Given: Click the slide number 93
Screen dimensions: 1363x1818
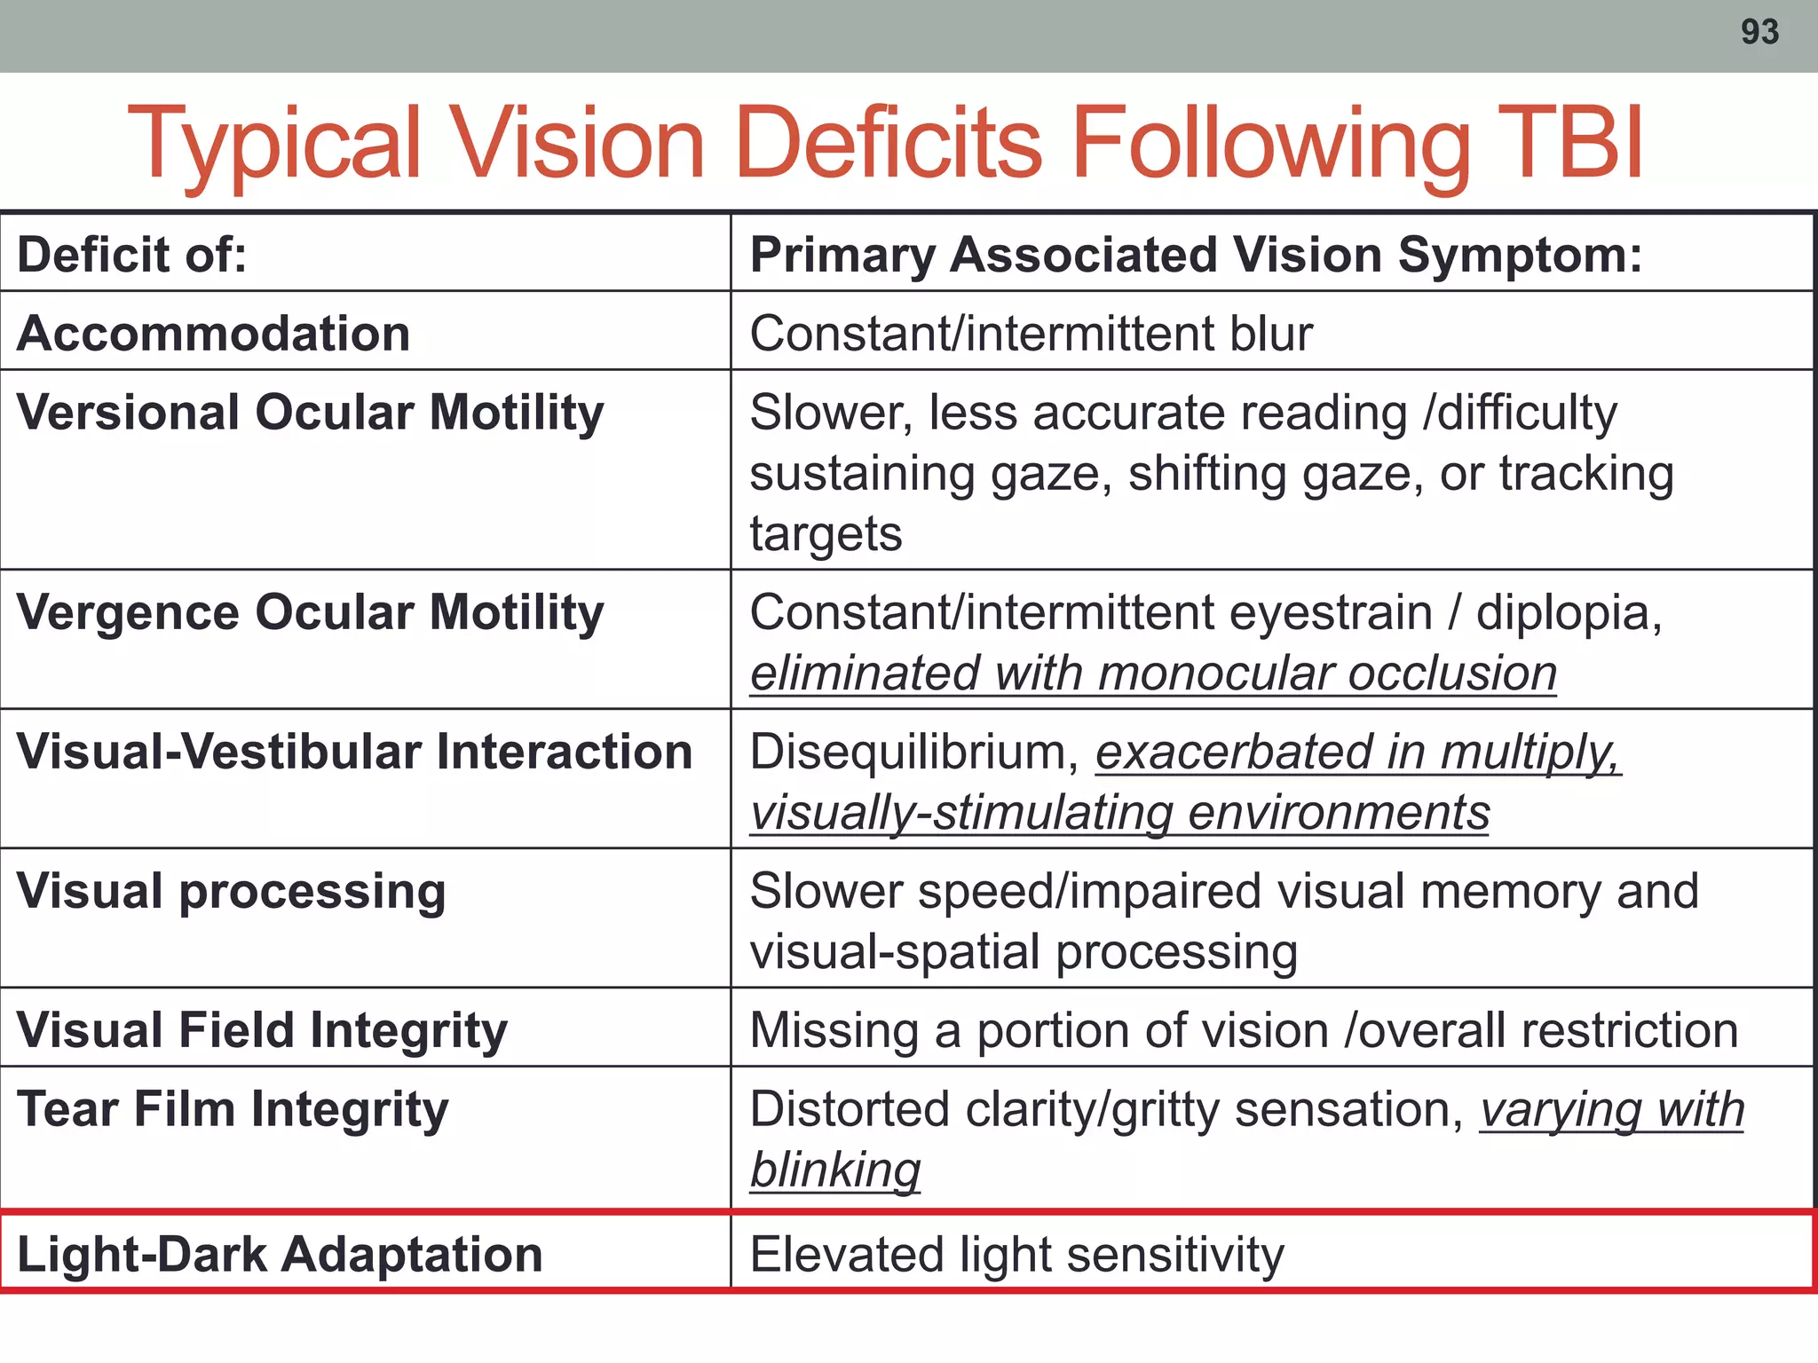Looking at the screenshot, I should coord(1759,33).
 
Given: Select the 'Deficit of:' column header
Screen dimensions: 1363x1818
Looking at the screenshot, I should coord(132,256).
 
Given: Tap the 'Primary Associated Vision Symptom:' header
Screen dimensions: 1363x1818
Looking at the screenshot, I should coord(1196,256).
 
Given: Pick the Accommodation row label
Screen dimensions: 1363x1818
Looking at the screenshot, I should coord(213,335).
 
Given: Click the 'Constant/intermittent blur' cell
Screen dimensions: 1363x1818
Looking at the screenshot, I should coord(1031,335).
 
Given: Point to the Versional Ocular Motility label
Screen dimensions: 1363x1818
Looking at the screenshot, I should coord(310,414).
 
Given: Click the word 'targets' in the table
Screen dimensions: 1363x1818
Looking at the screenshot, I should coord(826,534).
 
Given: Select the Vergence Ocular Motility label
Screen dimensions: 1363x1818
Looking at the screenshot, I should coord(310,613).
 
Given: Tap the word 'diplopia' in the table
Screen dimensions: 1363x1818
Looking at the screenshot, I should coord(1568,613).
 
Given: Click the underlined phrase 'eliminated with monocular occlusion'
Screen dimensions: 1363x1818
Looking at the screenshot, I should coord(1153,674).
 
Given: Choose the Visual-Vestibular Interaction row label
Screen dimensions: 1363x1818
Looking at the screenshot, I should coord(354,752).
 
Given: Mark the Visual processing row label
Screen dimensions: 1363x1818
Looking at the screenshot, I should coord(231,892).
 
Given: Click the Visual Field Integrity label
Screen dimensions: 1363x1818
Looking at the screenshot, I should coord(262,1031).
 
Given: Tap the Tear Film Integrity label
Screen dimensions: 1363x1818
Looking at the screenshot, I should coord(233,1110).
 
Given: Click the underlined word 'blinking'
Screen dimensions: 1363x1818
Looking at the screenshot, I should coord(835,1170).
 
